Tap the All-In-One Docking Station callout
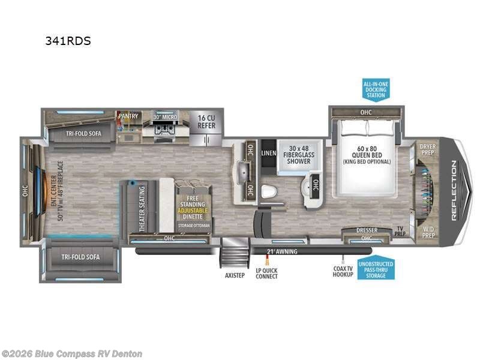click(376, 88)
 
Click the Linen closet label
click(269, 154)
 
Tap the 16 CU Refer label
click(206, 121)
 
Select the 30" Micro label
click(165, 116)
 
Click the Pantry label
click(128, 115)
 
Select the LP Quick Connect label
click(267, 274)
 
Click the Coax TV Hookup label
click(343, 274)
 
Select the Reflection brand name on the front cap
click(454, 191)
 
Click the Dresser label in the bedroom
click(366, 230)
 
